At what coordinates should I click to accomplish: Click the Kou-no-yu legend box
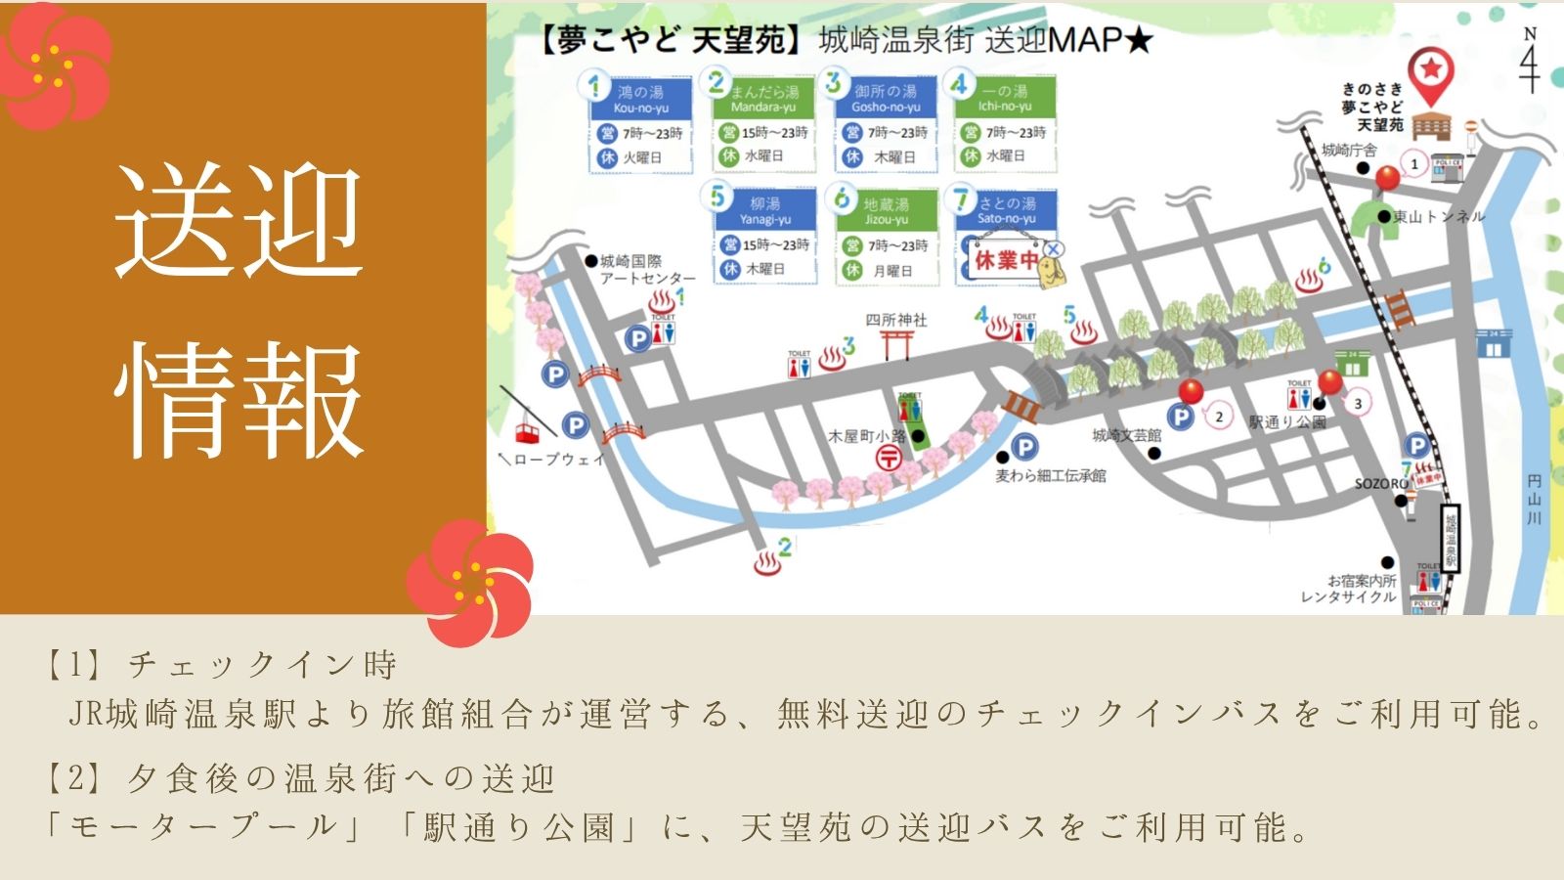(x=640, y=124)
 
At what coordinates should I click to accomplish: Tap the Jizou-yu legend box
(x=886, y=237)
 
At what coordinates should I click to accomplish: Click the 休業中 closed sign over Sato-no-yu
(x=1006, y=260)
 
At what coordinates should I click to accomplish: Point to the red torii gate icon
(x=896, y=344)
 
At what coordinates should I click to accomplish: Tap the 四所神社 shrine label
(x=895, y=320)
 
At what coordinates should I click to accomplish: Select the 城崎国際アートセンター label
(x=645, y=270)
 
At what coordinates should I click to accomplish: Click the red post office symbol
(x=888, y=457)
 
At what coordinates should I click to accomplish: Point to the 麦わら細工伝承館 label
(x=1051, y=476)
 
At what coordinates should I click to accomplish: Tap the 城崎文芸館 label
(x=1126, y=435)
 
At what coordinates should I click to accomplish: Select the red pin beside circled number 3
(x=1329, y=382)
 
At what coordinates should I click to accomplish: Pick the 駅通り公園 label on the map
(x=1287, y=422)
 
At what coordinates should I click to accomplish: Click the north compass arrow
(x=1530, y=62)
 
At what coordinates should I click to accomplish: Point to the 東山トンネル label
(x=1438, y=216)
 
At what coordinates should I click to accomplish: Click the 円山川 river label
(x=1534, y=499)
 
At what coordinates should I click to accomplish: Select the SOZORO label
(x=1380, y=484)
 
